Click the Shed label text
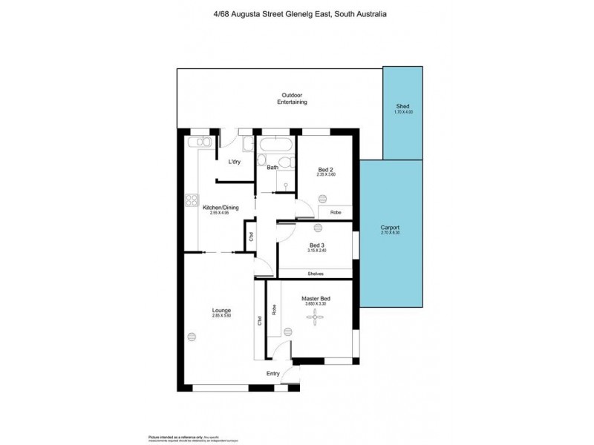coord(404,106)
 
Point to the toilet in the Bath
coord(261,162)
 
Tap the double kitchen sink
coord(200,142)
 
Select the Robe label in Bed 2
coord(336,212)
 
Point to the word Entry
coord(272,373)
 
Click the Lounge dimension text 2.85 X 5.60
coord(221,316)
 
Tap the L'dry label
coord(234,162)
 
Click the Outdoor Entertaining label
coord(292,99)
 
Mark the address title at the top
coord(296,14)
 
